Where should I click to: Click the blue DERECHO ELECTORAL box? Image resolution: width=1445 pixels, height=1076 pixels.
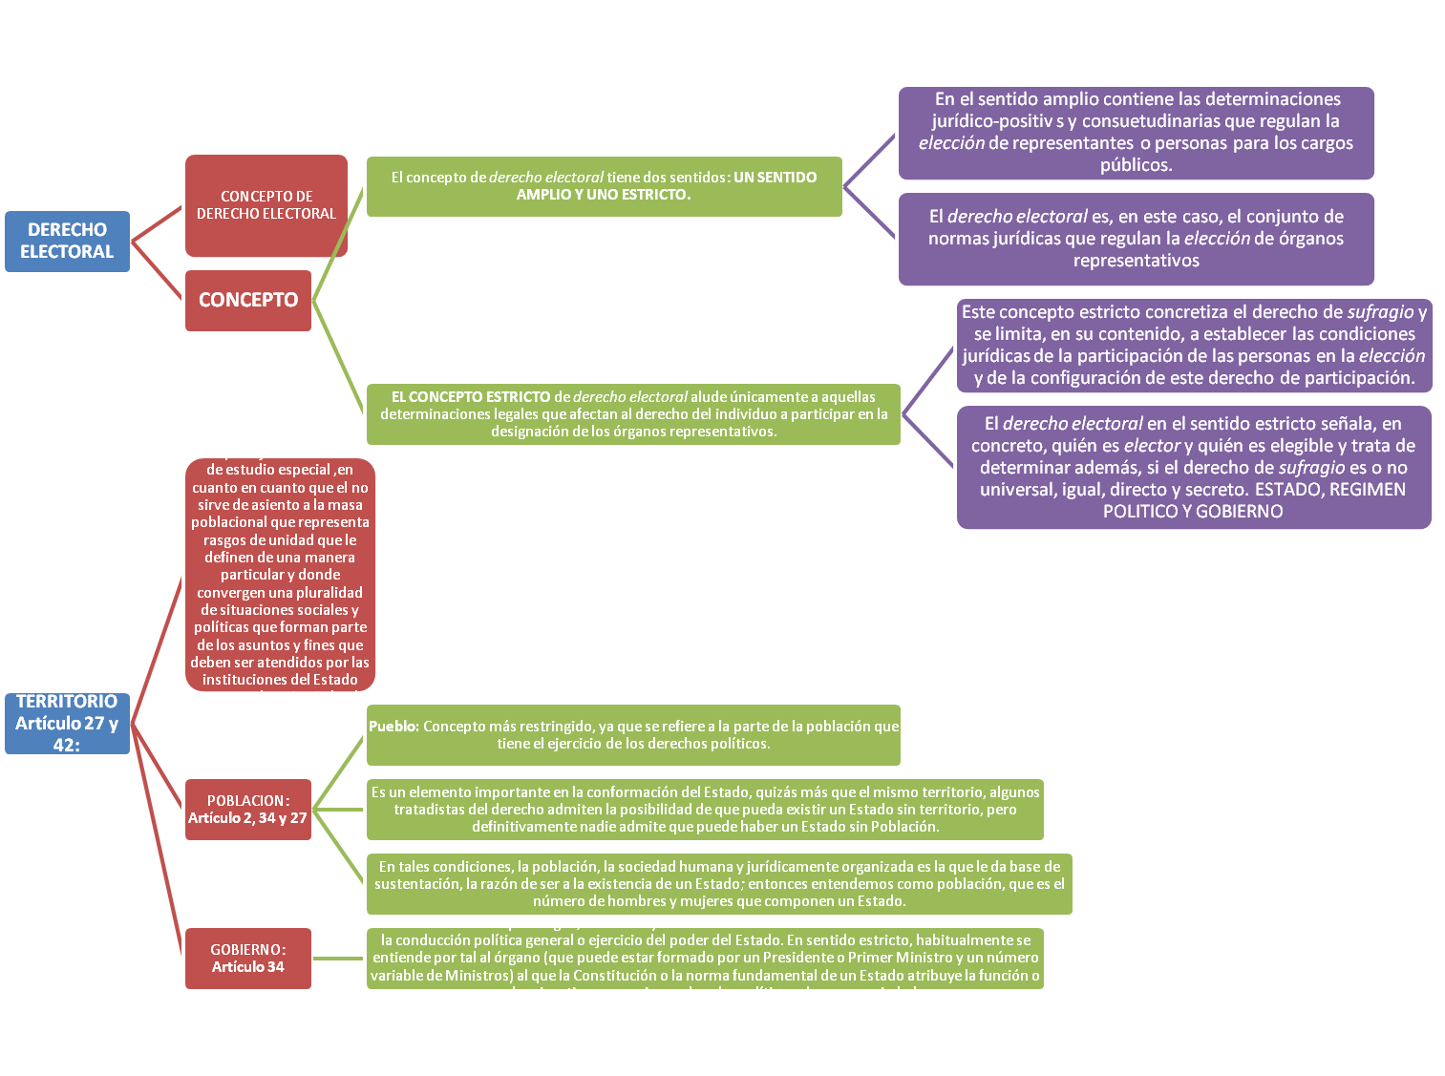click(67, 242)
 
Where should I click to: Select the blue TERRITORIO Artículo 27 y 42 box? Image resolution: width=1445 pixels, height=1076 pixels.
click(67, 723)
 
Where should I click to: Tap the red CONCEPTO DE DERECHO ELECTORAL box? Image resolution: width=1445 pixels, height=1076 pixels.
click(266, 205)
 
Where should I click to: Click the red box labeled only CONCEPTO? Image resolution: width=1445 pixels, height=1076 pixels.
click(248, 300)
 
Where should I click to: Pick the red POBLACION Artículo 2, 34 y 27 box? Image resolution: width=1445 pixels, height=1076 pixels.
click(248, 810)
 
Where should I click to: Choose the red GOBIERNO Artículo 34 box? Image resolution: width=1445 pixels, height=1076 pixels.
click(248, 959)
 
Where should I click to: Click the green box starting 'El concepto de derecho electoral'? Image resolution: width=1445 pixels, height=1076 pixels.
click(604, 186)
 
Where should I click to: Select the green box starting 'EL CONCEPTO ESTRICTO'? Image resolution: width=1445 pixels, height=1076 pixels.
click(633, 413)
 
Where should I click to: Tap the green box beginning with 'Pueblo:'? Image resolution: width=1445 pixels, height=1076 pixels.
click(633, 734)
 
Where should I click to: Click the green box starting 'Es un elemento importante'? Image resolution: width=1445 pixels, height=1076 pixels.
click(705, 810)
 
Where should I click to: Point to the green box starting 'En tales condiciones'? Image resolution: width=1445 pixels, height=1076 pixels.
click(718, 883)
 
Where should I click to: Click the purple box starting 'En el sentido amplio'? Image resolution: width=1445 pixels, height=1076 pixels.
click(1136, 132)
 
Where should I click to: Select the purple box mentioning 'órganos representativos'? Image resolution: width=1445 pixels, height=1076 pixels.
click(1136, 239)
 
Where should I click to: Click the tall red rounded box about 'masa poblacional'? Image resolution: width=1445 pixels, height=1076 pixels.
click(280, 575)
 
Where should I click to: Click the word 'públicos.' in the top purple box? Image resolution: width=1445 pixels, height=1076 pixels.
click(1136, 165)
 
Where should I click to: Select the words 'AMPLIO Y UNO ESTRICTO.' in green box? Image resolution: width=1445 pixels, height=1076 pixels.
click(604, 195)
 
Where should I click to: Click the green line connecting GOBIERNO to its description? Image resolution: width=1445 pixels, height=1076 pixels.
click(338, 959)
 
